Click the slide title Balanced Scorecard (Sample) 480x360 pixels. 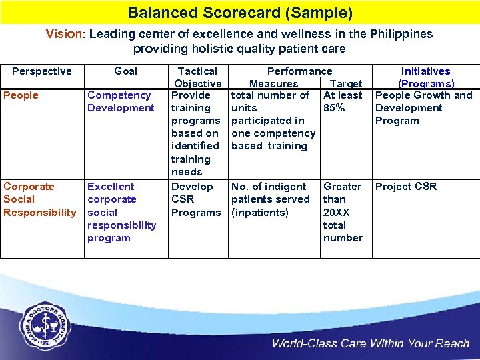tap(240, 13)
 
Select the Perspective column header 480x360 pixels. tap(42, 71)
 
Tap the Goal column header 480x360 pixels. tap(125, 71)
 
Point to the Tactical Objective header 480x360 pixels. tap(197, 77)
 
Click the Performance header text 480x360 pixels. tap(299, 71)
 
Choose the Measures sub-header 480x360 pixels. tap(273, 84)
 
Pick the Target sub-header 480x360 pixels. tap(346, 84)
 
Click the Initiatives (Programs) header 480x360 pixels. tap(425, 77)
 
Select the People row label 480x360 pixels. tap(21, 95)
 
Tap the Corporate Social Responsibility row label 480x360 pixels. tap(40, 199)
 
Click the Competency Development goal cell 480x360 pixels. tap(121, 101)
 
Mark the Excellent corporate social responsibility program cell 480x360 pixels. tap(121, 212)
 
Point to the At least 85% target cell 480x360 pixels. tap(343, 101)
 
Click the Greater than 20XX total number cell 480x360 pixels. tap(343, 212)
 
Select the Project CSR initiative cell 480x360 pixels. tap(406, 187)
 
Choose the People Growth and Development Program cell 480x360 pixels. tap(423, 108)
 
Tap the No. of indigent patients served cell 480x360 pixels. tap(270, 199)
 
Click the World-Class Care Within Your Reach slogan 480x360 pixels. tap(370, 344)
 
